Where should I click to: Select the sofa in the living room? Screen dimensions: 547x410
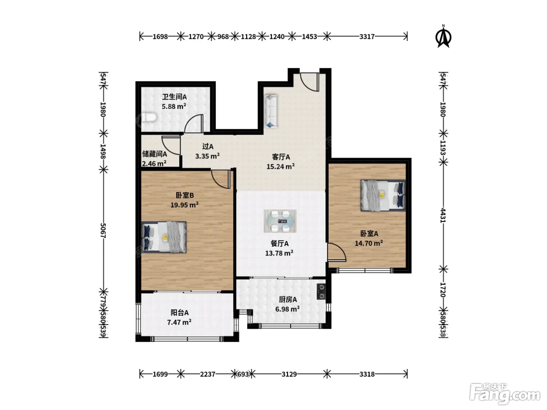coord(271,111)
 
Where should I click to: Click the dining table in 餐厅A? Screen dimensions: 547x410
coord(280,221)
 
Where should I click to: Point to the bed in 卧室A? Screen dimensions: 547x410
coord(383,195)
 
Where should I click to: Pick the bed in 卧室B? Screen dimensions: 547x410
coord(164,237)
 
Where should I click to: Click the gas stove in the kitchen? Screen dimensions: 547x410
coord(321,292)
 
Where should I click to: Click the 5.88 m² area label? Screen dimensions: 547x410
coord(174,107)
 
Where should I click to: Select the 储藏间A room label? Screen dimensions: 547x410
coord(154,154)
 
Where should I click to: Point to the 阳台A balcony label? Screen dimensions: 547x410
coord(179,312)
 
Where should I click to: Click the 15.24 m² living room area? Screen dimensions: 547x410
coord(281,167)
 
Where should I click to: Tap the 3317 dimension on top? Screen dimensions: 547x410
coord(367,37)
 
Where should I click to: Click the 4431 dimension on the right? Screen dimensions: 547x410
coord(443,215)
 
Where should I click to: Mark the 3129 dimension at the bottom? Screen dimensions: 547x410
coord(289,374)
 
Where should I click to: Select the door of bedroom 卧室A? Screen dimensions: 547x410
coord(337,252)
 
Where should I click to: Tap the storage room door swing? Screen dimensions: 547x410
coord(171,145)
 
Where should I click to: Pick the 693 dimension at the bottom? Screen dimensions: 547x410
coord(243,374)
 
